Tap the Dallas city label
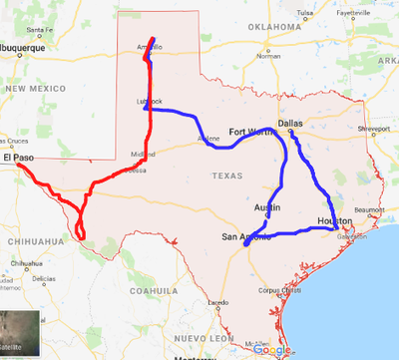click(289, 124)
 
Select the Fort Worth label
click(249, 132)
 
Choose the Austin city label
click(266, 207)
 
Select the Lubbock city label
click(147, 102)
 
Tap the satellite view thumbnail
click(20, 334)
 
